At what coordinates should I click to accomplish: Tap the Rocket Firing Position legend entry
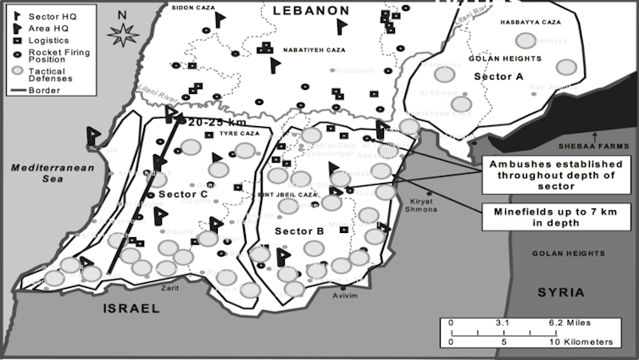pyautogui.click(x=51, y=57)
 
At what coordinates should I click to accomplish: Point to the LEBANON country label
pyautogui.click(x=310, y=10)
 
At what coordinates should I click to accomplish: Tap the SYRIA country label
pyautogui.click(x=561, y=292)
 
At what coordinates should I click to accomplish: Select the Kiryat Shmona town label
pyautogui.click(x=423, y=206)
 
